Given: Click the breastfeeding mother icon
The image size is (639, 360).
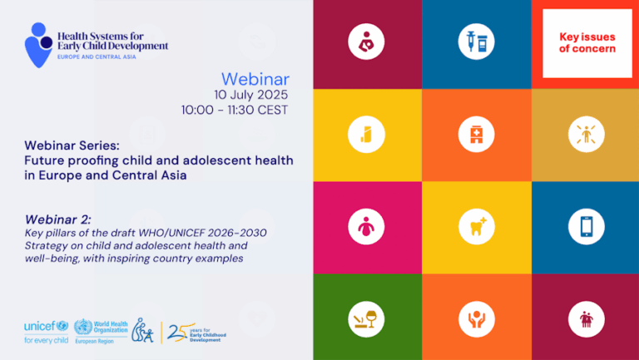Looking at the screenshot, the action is (366, 42).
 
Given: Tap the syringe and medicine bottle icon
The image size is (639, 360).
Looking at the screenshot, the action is (476, 42).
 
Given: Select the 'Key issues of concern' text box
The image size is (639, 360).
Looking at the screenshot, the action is (587, 43).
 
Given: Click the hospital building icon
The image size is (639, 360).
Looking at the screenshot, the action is (476, 135).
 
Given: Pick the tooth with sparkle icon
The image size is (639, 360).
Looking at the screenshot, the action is (476, 227).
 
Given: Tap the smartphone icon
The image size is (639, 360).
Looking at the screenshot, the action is (586, 227).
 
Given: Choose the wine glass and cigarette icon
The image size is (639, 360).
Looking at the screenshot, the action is (366, 319).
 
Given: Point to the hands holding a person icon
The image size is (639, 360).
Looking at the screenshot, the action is (476, 319).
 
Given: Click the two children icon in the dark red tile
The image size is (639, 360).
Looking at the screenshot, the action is (586, 319).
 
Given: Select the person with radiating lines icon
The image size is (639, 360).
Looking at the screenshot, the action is (586, 135).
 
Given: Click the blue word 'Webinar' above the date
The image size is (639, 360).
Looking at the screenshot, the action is (255, 79).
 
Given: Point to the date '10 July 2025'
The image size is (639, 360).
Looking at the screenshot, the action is (251, 95).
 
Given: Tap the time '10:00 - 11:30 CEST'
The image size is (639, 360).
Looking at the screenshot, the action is (235, 110).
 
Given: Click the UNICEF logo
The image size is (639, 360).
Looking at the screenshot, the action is (46, 332).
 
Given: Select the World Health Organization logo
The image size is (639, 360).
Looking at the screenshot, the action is (101, 332).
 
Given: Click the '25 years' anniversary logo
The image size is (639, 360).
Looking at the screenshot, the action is (196, 333).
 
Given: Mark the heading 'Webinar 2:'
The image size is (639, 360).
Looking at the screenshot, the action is (58, 219).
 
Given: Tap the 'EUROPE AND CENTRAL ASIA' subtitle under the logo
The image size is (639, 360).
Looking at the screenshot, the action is (97, 57).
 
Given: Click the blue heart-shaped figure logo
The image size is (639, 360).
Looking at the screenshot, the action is (39, 45).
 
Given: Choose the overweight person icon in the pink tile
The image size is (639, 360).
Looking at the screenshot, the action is (366, 227).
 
